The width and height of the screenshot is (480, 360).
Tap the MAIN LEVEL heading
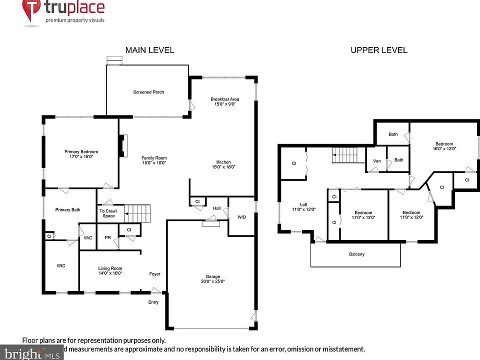149,50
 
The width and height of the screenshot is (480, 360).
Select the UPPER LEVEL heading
378,50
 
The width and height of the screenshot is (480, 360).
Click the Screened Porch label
148,92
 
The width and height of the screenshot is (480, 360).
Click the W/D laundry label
241,217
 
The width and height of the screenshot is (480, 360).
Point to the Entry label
153,302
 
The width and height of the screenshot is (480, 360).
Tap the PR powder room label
107,238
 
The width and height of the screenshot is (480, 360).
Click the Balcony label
356,254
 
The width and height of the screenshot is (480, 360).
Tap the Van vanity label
376,160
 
